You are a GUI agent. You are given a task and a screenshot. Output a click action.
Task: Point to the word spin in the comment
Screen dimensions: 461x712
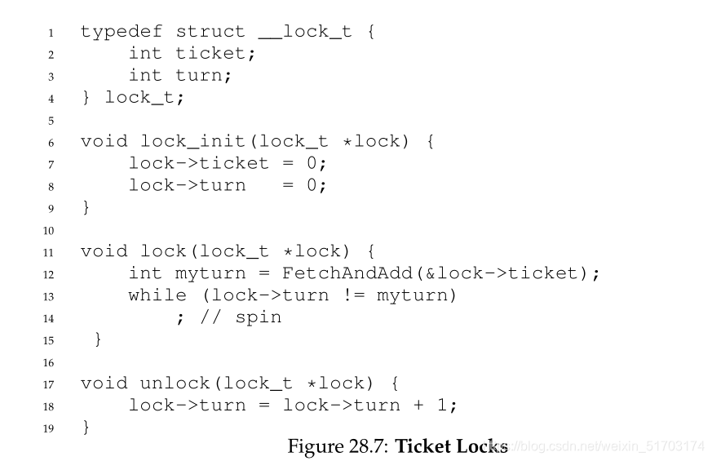pos(258,317)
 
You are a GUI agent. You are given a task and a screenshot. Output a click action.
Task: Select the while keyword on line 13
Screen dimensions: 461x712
pos(157,295)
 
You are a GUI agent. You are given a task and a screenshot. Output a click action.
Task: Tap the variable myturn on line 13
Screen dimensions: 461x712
pos(417,295)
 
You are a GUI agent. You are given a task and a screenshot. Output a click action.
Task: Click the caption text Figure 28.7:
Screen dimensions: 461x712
pos(338,446)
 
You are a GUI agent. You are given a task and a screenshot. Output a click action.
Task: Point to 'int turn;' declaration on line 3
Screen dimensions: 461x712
pos(180,76)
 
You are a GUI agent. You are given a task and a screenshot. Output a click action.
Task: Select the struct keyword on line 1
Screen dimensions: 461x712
pos(210,32)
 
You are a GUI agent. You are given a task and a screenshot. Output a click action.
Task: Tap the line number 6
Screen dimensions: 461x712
pos(51,142)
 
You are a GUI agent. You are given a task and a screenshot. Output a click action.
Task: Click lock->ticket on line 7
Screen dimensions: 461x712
pos(198,163)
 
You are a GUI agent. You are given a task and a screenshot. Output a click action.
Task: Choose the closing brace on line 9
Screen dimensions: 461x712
pos(86,207)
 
